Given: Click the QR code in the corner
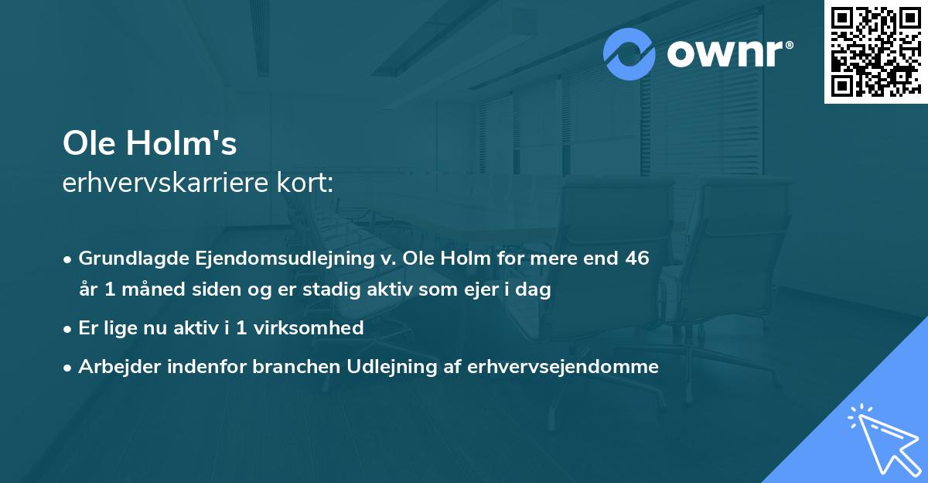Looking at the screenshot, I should click(x=875, y=51).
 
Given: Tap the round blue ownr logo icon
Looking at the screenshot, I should click(x=629, y=54).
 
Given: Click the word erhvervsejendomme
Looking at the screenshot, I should click(x=563, y=367).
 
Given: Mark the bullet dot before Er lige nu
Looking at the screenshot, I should click(x=69, y=329).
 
